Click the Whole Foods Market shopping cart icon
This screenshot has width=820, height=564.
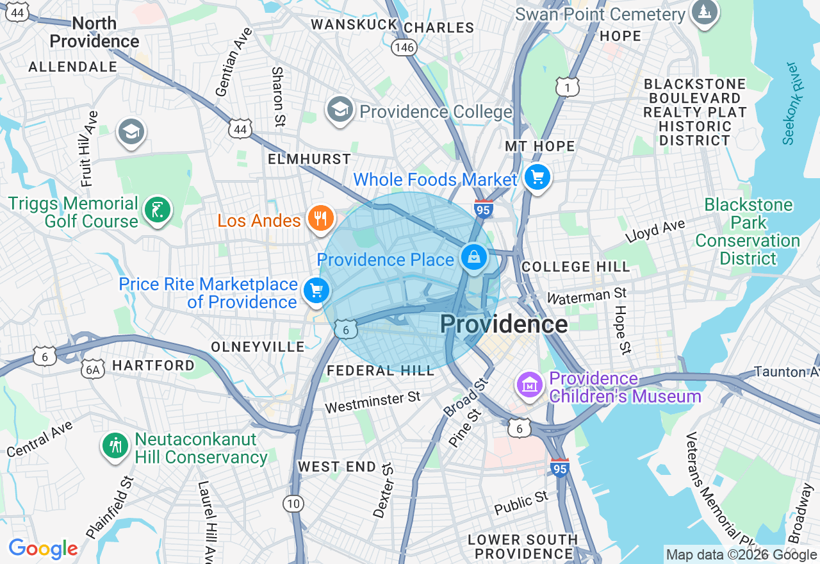pyautogui.click(x=537, y=177)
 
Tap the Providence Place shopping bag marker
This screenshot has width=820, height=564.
pyautogui.click(x=474, y=258)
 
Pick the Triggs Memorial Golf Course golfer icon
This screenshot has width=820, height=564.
pyautogui.click(x=157, y=210)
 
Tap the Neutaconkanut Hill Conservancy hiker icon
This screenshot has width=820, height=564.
pyautogui.click(x=116, y=445)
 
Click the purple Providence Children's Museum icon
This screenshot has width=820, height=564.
pyautogui.click(x=530, y=385)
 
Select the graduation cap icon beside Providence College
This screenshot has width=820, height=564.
pyautogui.click(x=340, y=110)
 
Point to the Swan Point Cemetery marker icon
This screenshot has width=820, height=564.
pyautogui.click(x=704, y=13)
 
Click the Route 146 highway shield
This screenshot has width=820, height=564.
pyautogui.click(x=405, y=47)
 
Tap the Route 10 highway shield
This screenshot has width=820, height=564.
pyautogui.click(x=293, y=504)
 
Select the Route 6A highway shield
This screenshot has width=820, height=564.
pyautogui.click(x=93, y=369)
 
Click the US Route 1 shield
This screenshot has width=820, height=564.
pyautogui.click(x=568, y=87)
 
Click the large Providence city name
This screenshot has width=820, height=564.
pyautogui.click(x=504, y=324)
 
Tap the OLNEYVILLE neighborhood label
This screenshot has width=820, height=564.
pyautogui.click(x=258, y=347)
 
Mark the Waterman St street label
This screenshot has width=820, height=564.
pyautogui.click(x=586, y=296)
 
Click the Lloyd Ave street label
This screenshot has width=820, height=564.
pyautogui.click(x=655, y=229)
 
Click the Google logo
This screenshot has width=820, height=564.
pyautogui.click(x=43, y=549)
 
